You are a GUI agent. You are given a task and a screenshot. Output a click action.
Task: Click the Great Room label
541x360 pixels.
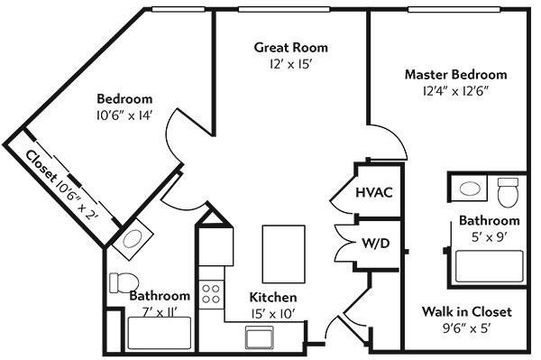pos(291,47)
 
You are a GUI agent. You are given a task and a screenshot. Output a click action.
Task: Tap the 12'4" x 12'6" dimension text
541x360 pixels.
pos(456,91)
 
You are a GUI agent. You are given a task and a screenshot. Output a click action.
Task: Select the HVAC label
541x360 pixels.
pos(374,192)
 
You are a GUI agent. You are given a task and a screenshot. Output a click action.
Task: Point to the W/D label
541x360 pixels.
pos(376,244)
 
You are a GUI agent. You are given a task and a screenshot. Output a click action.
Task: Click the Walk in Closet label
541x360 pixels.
pos(467,311)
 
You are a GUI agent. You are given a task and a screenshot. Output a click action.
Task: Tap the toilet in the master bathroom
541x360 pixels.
pos(509,192)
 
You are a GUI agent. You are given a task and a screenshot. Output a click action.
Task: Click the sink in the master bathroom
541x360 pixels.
pos(470,189)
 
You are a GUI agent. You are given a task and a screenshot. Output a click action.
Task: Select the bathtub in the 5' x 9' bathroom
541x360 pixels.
pos(490,266)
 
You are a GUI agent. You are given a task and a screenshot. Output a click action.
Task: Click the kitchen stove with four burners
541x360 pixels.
pos(211,294)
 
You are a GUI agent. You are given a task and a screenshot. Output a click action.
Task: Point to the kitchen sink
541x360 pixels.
pos(260,337)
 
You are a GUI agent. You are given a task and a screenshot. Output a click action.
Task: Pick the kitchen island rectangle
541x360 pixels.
pos(284,254)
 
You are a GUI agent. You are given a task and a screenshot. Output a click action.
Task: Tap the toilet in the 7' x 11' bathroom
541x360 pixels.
pos(124,283)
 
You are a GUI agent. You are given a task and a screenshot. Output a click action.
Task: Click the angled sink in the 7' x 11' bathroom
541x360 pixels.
pos(133,239)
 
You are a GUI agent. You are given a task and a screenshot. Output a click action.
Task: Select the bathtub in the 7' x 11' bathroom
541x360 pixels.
pos(160,334)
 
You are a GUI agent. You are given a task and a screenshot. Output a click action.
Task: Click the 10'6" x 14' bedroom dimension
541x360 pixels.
pos(124,115)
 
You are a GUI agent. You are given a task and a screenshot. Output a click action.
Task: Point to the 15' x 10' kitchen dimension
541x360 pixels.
pos(273,314)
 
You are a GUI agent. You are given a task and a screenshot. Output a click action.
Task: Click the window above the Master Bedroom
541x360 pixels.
pos(454,9)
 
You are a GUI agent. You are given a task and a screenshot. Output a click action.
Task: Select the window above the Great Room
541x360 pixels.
pos(284,9)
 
